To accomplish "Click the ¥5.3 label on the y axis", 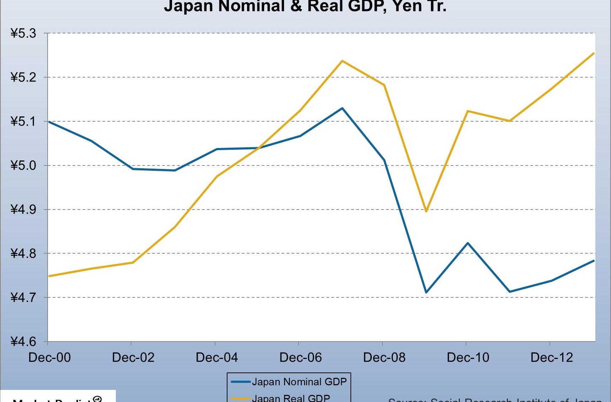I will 23,33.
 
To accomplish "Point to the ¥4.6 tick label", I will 23,342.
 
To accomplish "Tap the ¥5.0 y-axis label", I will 23,165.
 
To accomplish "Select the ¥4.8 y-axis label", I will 23,254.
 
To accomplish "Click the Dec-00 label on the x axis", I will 49,358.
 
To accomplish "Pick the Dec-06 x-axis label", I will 300,358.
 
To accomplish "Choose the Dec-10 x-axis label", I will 468,358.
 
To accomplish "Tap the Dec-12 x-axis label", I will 552,358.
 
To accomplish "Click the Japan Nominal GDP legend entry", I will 299,382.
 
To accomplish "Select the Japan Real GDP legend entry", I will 291,398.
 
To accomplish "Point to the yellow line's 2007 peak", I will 342,61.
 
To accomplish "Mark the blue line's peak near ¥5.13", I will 342,108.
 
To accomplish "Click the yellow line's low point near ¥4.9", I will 426,211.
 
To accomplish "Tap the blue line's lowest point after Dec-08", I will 426,292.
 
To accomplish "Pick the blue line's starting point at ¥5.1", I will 49,122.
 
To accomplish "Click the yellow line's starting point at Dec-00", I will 49,276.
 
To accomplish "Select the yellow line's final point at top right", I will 594,53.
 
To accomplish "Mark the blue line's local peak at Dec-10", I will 468,243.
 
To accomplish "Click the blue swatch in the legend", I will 241,382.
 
